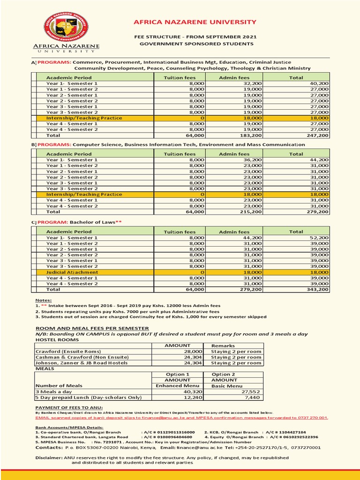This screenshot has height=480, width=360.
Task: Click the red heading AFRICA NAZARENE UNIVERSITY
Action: (x=195, y=22)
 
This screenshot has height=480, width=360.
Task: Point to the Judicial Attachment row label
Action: (x=72, y=272)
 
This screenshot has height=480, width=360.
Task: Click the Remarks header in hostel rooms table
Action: (x=223, y=345)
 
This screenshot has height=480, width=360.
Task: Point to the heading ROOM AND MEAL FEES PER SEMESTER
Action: (x=92, y=328)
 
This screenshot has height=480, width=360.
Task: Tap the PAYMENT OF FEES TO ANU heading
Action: (x=69, y=408)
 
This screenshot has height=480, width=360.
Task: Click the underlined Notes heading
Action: (x=44, y=300)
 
